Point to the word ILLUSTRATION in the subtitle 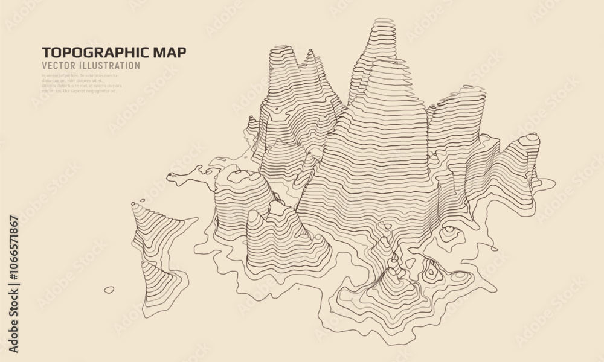pos(112,65)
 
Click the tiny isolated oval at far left pos(109,290)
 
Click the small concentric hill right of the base pos(450,231)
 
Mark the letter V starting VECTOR pos(45,65)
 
